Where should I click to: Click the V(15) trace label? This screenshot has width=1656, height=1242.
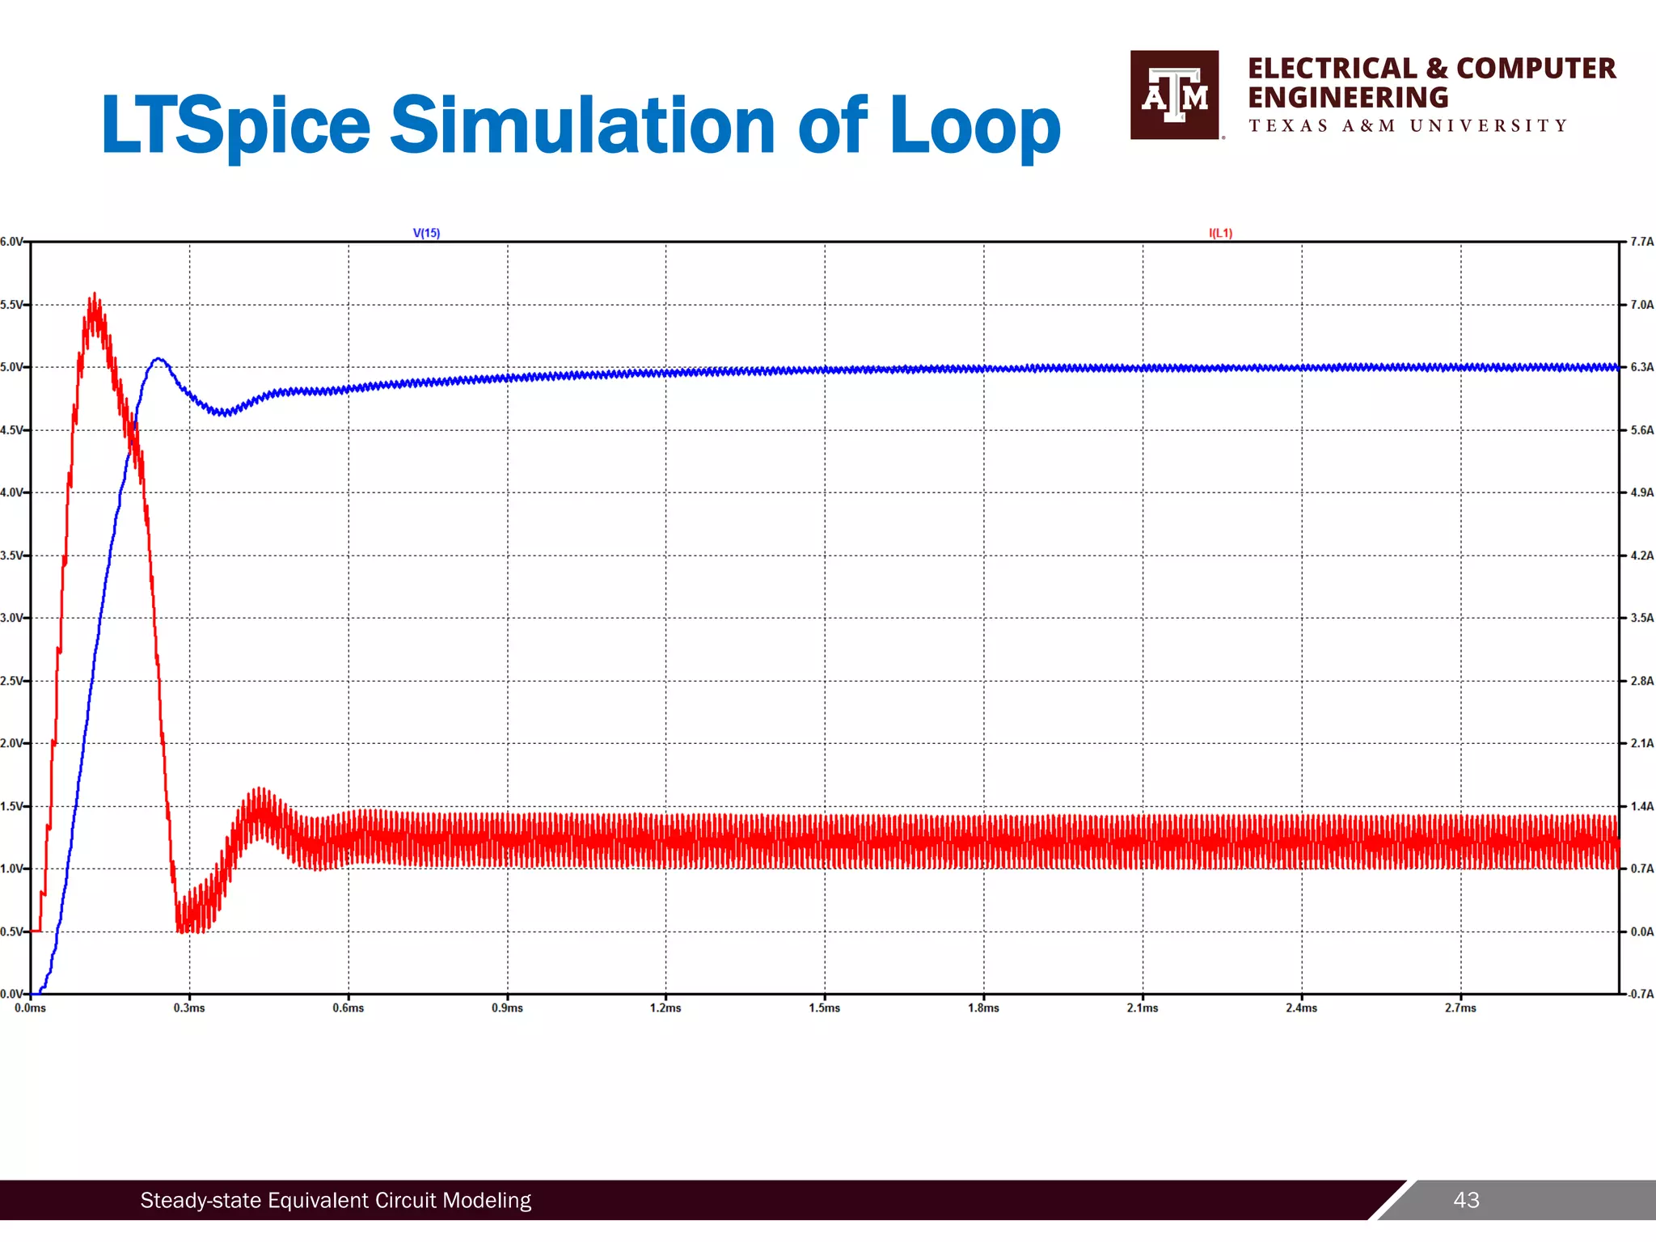(x=426, y=233)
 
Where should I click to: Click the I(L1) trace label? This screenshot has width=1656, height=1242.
(x=1220, y=233)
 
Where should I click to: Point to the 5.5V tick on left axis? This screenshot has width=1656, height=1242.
(x=11, y=305)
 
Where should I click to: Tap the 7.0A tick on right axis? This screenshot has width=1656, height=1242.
(x=1641, y=305)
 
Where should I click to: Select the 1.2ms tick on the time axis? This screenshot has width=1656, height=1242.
(x=665, y=1008)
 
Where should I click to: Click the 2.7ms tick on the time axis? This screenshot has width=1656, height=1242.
(x=1460, y=1008)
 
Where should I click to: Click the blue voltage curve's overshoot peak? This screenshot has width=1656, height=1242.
(x=158, y=359)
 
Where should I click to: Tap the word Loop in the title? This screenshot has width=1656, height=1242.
(x=974, y=126)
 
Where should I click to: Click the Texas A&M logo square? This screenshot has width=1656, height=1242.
(x=1174, y=95)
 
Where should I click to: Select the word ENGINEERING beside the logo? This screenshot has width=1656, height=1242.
(x=1347, y=98)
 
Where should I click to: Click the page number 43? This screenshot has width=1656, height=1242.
(x=1466, y=1200)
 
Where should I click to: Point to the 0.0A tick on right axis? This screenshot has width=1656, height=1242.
(x=1641, y=931)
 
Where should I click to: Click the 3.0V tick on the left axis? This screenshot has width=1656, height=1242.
(x=11, y=618)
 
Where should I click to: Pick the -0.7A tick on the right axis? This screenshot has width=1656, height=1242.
(x=1641, y=994)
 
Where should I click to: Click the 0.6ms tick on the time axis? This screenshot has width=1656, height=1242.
(x=349, y=1008)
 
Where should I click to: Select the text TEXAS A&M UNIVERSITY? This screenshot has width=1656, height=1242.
(x=1407, y=126)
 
